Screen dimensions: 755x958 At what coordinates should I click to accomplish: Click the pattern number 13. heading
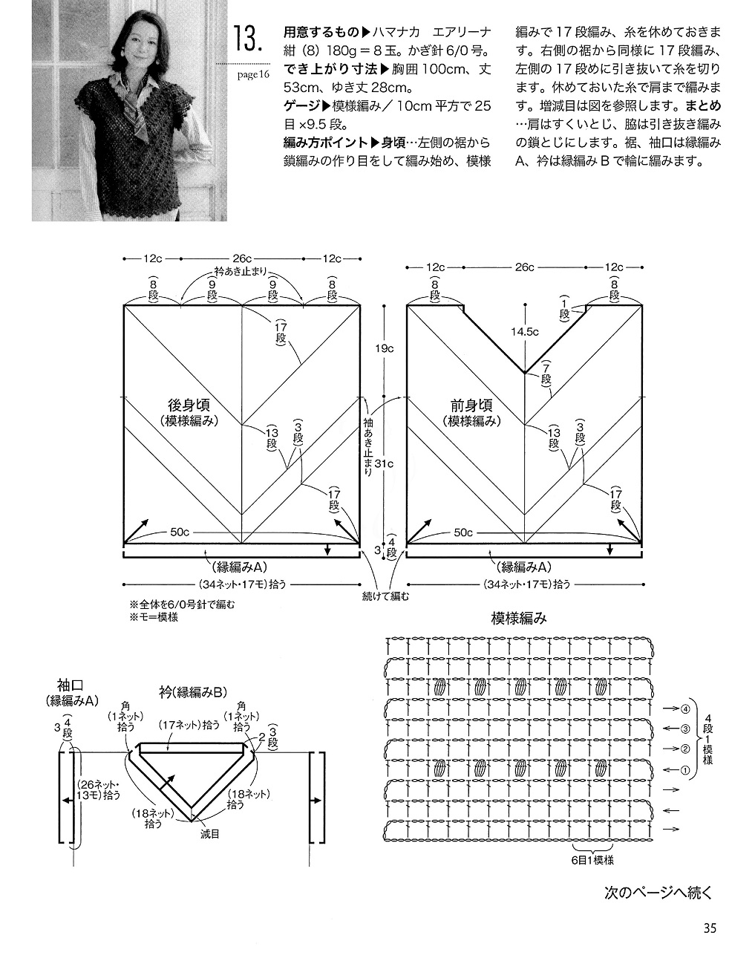pyautogui.click(x=248, y=39)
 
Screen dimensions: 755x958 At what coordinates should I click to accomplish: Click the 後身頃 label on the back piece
pyautogui.click(x=189, y=405)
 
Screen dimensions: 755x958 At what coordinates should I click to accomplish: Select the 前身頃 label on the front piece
pyautogui.click(x=471, y=405)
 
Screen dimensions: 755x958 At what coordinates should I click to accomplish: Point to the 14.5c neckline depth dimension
pyautogui.click(x=525, y=332)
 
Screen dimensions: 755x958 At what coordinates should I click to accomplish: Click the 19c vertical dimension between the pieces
pyautogui.click(x=384, y=348)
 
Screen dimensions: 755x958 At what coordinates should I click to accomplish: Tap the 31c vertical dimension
pyautogui.click(x=384, y=463)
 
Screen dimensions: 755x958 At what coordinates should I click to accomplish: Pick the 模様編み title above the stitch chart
pyautogui.click(x=519, y=619)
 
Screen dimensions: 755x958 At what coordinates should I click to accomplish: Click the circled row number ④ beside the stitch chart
pyautogui.click(x=685, y=708)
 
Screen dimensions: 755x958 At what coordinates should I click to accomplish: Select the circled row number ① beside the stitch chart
pyautogui.click(x=685, y=769)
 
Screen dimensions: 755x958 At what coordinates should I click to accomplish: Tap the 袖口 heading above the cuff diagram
pyautogui.click(x=70, y=685)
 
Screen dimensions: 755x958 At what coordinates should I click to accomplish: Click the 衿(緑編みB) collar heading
pyautogui.click(x=193, y=692)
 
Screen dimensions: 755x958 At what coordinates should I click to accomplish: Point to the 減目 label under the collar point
pyautogui.click(x=209, y=834)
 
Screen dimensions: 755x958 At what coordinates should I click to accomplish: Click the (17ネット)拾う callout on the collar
pyautogui.click(x=189, y=725)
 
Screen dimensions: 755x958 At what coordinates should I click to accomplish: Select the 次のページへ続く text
pyautogui.click(x=658, y=893)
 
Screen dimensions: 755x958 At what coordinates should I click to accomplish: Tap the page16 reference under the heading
pyautogui.click(x=253, y=74)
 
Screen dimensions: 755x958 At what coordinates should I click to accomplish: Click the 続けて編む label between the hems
pyautogui.click(x=385, y=596)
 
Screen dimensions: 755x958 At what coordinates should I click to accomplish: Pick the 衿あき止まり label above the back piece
pyautogui.click(x=241, y=271)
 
